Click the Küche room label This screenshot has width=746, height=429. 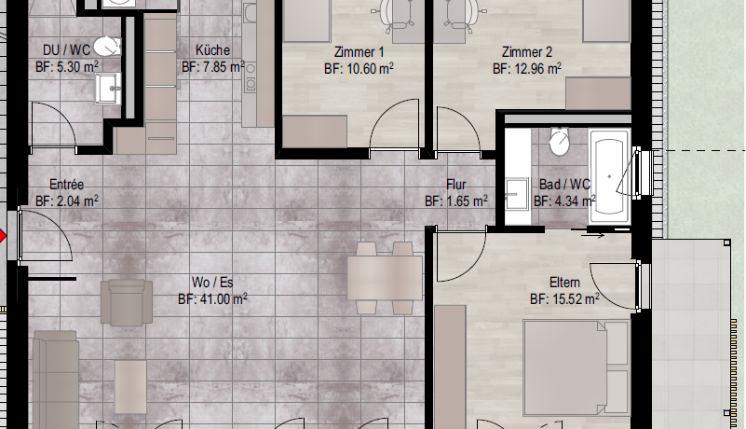point(212,50)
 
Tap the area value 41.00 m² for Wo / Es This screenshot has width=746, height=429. point(212,298)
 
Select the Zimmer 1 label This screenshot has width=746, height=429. point(359,52)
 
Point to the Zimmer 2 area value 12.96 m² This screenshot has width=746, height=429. point(527,69)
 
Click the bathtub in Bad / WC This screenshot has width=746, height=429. point(609,176)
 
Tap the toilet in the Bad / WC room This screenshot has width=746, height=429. point(559,141)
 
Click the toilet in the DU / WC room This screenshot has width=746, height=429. point(107,47)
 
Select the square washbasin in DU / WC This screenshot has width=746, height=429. point(108,89)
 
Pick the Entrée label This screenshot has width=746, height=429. point(67,185)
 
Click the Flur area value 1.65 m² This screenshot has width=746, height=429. point(455,201)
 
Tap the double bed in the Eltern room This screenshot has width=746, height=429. point(576,368)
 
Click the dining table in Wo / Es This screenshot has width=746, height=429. point(385,278)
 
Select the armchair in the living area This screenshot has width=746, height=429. point(127,302)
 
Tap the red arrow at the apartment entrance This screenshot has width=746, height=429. point(3,236)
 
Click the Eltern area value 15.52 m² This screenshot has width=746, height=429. point(564,298)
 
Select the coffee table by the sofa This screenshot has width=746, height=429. point(130,387)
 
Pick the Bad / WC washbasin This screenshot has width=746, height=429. point(517,194)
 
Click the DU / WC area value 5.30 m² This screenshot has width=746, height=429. point(67,67)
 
